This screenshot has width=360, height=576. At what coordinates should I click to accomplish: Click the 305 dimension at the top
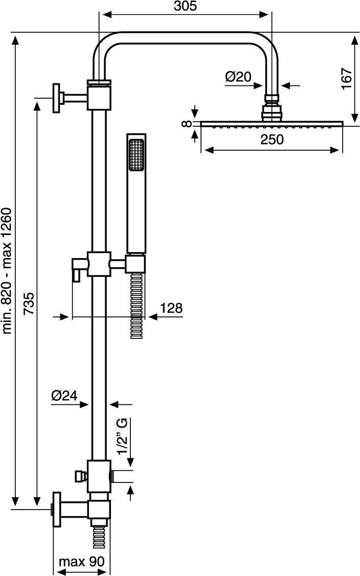[185, 6]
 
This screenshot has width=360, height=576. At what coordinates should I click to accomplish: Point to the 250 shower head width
[272, 139]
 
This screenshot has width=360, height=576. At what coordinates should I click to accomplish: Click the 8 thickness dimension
[188, 123]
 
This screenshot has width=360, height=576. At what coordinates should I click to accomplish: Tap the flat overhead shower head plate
[272, 123]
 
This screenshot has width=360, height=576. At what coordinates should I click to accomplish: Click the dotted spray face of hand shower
[137, 155]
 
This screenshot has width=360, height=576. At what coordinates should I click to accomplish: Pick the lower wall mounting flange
[56, 509]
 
